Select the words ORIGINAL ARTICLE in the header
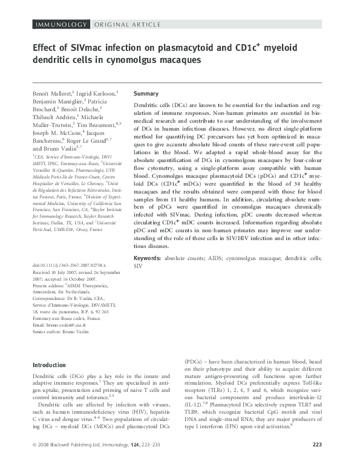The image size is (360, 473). (128, 24)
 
